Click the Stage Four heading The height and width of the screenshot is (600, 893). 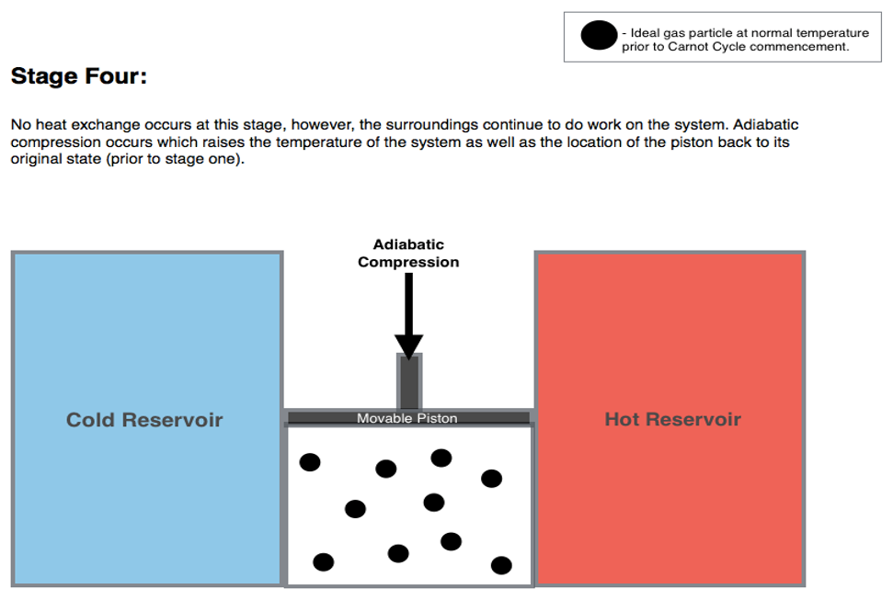(x=78, y=76)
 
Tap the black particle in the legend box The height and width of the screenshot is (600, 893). (x=599, y=36)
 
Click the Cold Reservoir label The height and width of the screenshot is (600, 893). (x=144, y=420)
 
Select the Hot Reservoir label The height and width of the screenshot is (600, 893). (x=672, y=419)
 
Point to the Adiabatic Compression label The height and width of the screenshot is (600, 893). (x=408, y=254)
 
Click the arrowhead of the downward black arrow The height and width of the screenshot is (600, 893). (x=408, y=346)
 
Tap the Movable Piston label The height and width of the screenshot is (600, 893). (x=406, y=418)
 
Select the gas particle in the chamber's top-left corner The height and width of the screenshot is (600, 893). (x=310, y=462)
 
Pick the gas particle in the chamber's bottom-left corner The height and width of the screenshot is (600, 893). (x=324, y=561)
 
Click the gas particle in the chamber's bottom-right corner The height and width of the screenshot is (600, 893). (x=501, y=564)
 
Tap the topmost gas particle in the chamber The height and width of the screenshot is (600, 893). (x=441, y=458)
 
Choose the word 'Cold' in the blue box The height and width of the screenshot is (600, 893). (x=91, y=420)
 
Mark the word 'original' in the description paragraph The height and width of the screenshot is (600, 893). (x=35, y=159)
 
